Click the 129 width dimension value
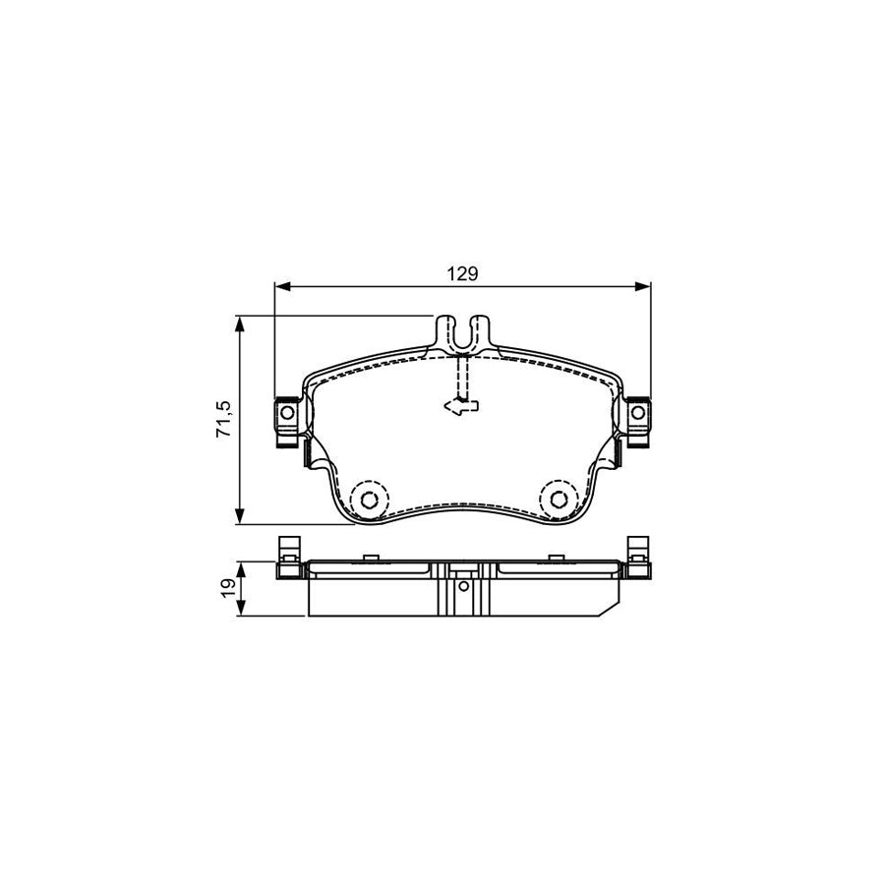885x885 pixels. (x=462, y=274)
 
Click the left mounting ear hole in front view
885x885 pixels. (x=287, y=413)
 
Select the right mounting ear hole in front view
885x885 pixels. (x=638, y=413)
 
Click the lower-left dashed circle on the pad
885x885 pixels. (x=369, y=500)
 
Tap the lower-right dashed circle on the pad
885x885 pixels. (x=557, y=500)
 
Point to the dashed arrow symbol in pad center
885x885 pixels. (x=459, y=402)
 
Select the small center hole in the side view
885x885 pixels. (x=463, y=589)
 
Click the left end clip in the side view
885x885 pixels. (x=288, y=558)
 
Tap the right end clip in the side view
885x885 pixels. (x=637, y=558)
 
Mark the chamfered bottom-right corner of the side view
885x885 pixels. (x=612, y=609)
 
